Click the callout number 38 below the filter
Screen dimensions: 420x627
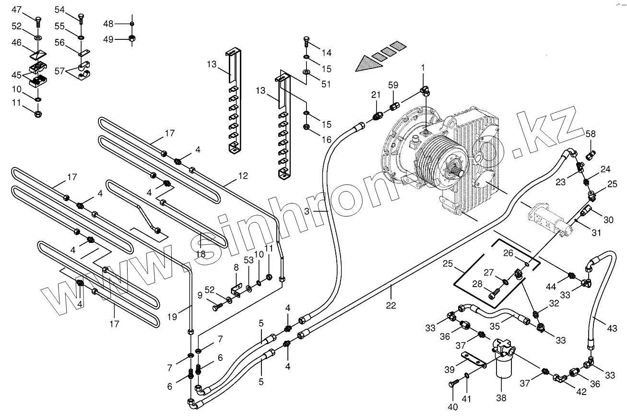(500, 398)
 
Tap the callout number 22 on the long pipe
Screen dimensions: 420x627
(391, 305)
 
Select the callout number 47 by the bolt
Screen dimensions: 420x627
(16, 10)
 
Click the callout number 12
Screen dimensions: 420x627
(243, 176)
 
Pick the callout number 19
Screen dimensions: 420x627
(173, 316)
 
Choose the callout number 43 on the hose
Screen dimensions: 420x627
(612, 329)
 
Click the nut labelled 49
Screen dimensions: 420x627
(131, 39)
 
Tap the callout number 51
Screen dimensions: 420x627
(326, 84)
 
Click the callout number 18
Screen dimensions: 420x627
(201, 254)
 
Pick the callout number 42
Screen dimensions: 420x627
(581, 392)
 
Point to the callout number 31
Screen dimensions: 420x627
(596, 233)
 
